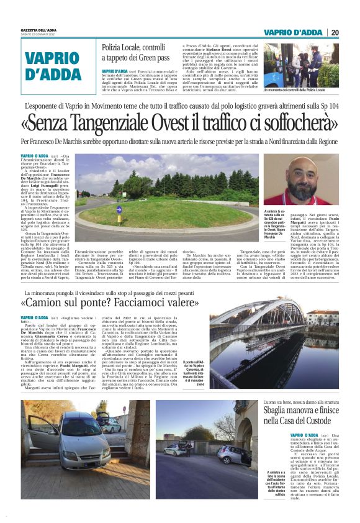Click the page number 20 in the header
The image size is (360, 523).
click(x=335, y=32)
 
